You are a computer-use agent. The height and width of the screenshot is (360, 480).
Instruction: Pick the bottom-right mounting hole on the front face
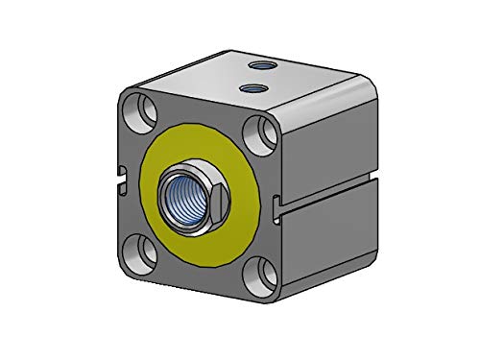click(262, 278)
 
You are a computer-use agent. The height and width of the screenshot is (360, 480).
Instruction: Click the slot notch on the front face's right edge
click(278, 203)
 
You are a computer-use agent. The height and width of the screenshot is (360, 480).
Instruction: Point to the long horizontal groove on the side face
click(331, 188)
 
